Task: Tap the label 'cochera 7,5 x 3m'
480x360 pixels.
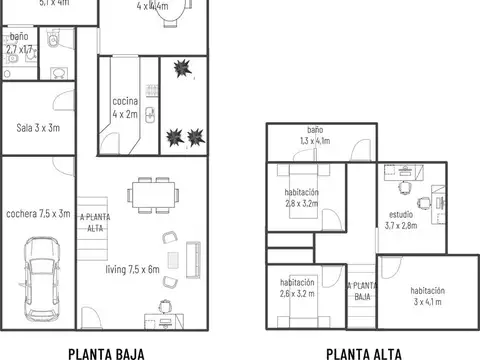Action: [38, 213]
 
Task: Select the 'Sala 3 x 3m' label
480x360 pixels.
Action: [38, 127]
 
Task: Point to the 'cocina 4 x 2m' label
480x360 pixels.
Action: [125, 108]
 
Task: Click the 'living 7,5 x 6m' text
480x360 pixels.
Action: [133, 269]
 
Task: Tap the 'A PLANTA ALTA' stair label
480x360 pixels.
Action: [95, 223]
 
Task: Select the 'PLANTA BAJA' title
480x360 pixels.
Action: [106, 352]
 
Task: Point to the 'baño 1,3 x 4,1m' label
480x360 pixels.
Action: [314, 136]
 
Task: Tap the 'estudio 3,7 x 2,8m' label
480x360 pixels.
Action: [401, 219]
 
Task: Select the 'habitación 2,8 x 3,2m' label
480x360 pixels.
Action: [301, 197]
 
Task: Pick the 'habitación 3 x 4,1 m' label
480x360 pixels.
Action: [426, 295]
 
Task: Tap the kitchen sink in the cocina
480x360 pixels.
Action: [151, 112]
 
